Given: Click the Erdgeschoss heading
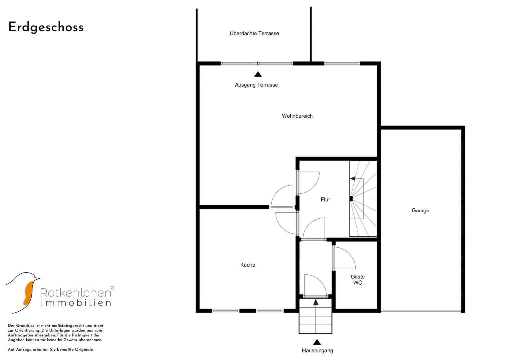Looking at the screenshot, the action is pyautogui.click(x=46, y=27).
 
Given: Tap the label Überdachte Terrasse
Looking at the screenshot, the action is pyautogui.click(x=254, y=33).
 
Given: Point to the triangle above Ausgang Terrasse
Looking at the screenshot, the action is pyautogui.click(x=258, y=74).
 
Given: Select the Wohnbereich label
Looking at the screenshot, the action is pyautogui.click(x=297, y=116).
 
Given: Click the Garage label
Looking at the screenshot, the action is pyautogui.click(x=420, y=210).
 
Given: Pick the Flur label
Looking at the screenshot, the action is pyautogui.click(x=325, y=200).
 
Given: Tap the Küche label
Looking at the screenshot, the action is pyautogui.click(x=248, y=265).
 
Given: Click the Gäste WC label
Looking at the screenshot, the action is pyautogui.click(x=358, y=280).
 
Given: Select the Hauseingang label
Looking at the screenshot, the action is pyautogui.click(x=317, y=351).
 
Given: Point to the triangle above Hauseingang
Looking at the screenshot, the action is pyautogui.click(x=317, y=342).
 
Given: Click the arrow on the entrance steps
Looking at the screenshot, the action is pyautogui.click(x=316, y=316).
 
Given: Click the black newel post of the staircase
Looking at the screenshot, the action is pyautogui.click(x=351, y=199).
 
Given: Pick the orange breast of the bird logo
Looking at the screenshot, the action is pyautogui.click(x=28, y=293).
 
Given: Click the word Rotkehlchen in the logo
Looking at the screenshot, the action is pyautogui.click(x=76, y=293).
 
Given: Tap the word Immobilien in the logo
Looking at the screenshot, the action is pyautogui.click(x=76, y=303).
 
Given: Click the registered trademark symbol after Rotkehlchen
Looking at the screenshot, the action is pyautogui.click(x=112, y=288).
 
